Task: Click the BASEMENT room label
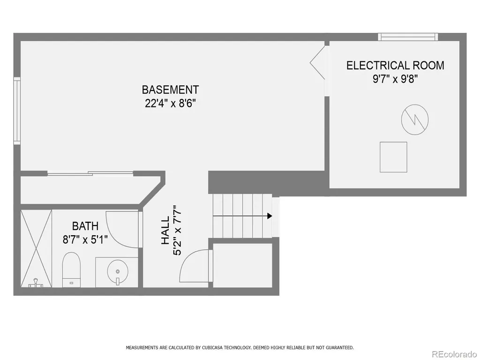pos(170,90)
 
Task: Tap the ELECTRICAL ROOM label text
pos(395,66)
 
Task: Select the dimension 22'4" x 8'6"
pos(170,104)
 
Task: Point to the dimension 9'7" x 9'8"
pos(395,79)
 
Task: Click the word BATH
pos(85,226)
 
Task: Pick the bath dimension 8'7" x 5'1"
pos(85,240)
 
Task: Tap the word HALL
pos(165,231)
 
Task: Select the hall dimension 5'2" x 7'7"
pos(178,230)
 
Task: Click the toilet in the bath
pos(71,270)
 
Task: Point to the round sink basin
pos(118,271)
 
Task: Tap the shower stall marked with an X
pos(36,248)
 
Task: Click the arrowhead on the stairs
pos(270,216)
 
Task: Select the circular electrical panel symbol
pos(415,120)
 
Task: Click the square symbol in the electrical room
pos(393,157)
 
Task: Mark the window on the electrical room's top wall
pos(408,37)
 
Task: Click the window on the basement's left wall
pos(17,111)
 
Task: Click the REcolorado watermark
pos(454,354)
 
